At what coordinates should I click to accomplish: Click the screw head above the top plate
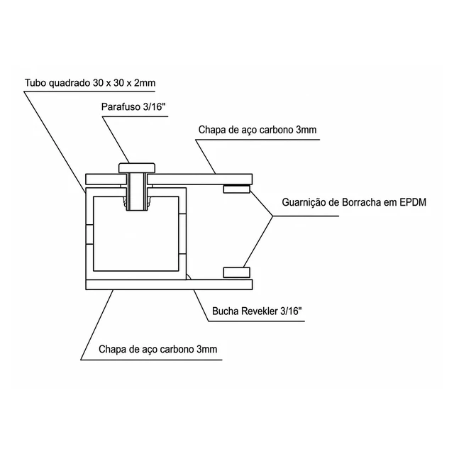(x=137, y=168)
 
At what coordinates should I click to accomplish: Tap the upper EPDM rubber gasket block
(x=236, y=189)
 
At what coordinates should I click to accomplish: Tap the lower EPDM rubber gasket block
(x=236, y=272)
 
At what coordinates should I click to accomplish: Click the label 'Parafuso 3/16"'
(x=133, y=107)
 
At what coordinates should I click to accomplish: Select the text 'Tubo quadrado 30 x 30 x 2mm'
(x=90, y=83)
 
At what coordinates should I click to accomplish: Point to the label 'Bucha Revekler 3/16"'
(x=257, y=311)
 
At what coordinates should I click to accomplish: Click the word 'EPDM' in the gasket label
(x=413, y=202)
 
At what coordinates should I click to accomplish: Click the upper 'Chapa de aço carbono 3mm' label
(x=258, y=130)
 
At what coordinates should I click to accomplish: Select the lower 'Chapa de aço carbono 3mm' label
(x=157, y=349)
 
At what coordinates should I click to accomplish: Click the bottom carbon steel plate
(x=169, y=284)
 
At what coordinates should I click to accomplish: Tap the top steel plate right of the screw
(x=200, y=179)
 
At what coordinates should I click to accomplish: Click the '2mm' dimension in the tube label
(x=145, y=83)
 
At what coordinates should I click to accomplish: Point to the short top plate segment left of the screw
(x=106, y=179)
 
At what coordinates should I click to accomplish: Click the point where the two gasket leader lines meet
(x=272, y=216)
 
